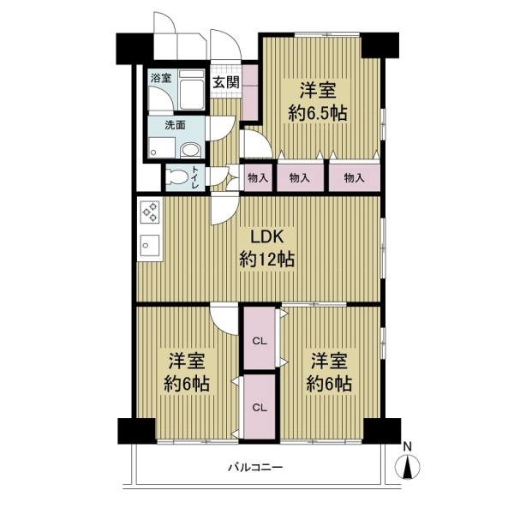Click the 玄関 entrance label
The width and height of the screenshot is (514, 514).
coord(226,82)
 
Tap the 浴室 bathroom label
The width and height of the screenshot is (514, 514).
coord(161,78)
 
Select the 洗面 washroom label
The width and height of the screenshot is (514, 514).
coord(175,125)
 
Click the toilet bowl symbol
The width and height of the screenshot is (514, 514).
coord(176,177)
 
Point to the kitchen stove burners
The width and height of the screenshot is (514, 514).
coord(150,212)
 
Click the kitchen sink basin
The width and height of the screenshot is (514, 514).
coord(150,245)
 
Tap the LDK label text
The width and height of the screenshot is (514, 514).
coord(266,237)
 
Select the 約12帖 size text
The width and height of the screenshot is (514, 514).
coord(266,260)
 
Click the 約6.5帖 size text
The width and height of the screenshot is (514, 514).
coord(318,113)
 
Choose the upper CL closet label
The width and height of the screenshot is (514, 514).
coord(260,341)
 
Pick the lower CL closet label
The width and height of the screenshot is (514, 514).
coord(260,408)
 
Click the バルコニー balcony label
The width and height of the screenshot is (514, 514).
coord(255,467)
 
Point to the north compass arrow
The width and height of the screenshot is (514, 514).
coord(408,467)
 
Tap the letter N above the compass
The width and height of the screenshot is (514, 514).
coord(408,446)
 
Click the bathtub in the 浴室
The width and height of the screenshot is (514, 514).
coord(192,90)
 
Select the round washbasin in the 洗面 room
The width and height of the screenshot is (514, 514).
coord(190,151)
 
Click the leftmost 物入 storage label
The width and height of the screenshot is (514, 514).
coord(258,178)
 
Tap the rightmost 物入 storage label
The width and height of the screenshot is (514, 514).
coord(355,178)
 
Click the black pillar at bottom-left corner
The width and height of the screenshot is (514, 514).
coord(136,431)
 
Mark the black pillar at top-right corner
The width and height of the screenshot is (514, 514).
coord(380,45)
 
